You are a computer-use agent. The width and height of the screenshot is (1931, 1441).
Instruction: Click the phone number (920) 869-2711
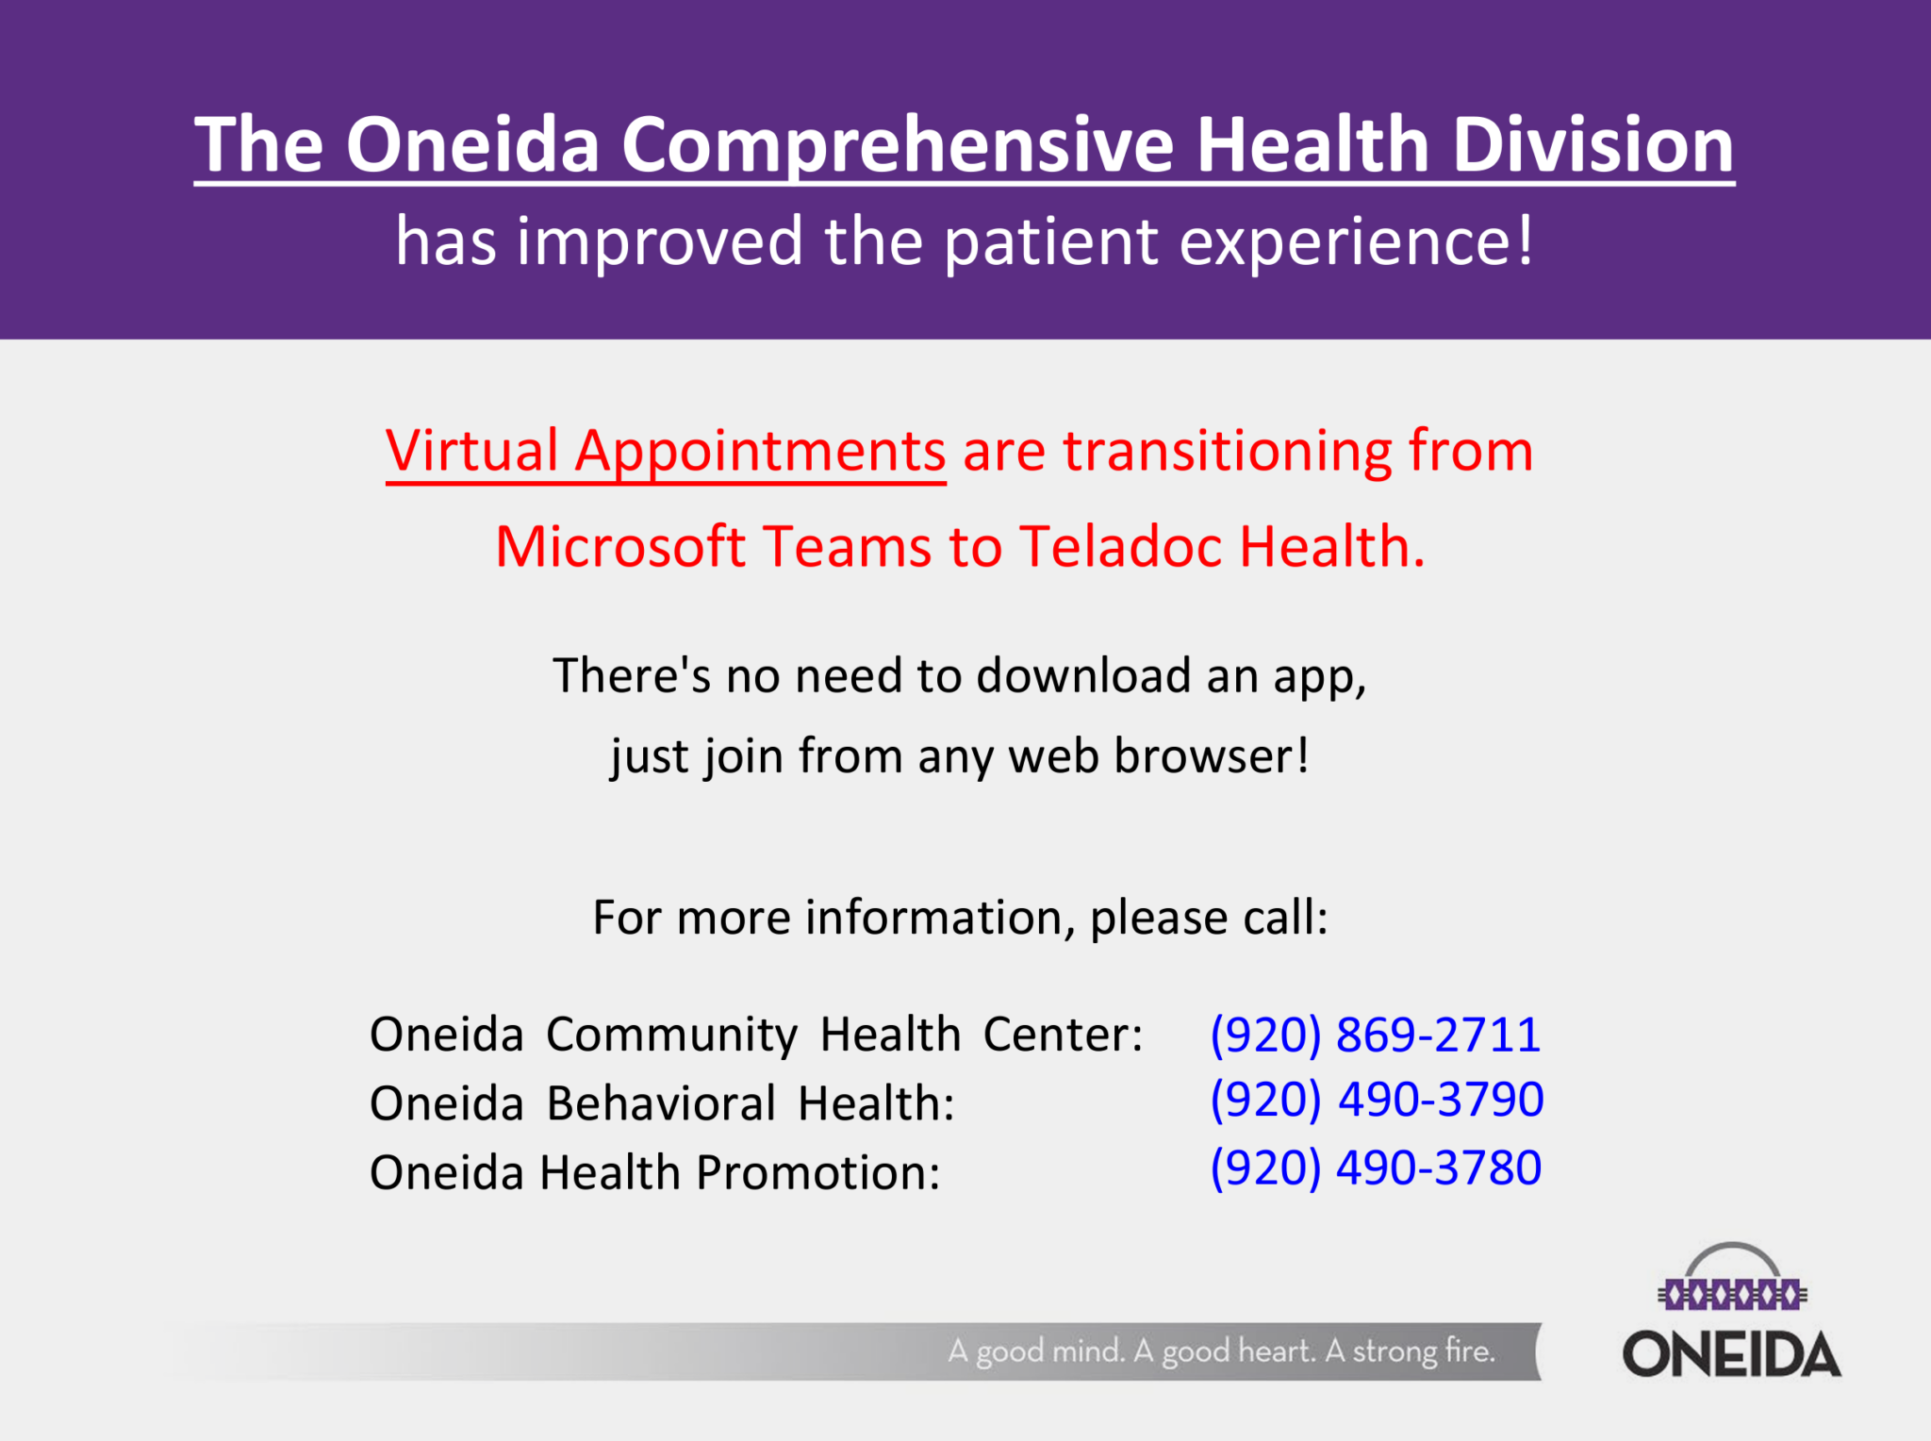[1376, 1035]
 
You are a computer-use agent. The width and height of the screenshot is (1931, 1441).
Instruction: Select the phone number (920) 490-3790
[1377, 1100]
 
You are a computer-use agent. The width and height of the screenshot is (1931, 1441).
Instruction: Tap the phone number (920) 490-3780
[1376, 1168]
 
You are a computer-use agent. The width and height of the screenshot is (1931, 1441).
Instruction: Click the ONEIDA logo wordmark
[1731, 1353]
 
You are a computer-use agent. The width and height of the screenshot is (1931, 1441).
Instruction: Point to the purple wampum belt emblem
[1732, 1294]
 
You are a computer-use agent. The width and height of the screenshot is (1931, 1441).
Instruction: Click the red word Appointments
[760, 454]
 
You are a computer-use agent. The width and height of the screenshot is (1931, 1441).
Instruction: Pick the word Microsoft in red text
[620, 546]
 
